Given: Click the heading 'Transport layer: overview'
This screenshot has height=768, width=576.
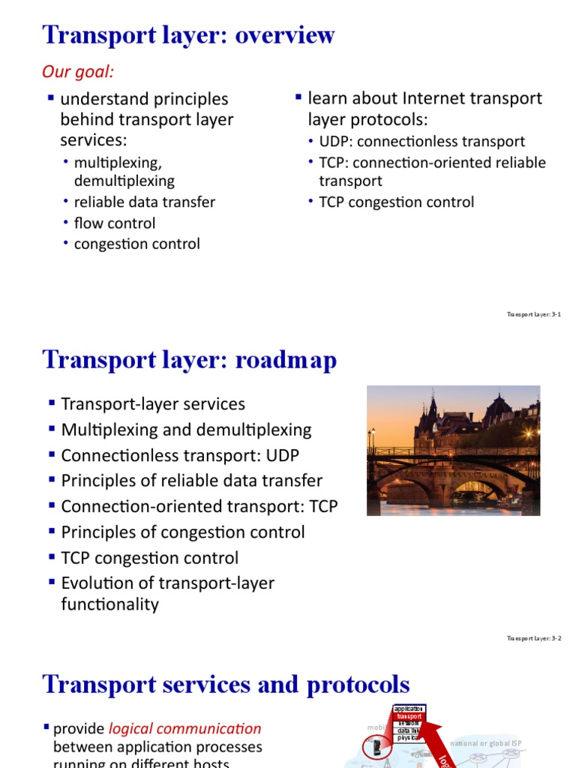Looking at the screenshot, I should (189, 35).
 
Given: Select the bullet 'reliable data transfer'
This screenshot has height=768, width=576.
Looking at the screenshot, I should (145, 202).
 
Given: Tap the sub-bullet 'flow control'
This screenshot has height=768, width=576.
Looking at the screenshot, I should (115, 223).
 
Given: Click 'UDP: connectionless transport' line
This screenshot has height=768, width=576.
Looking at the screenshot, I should (421, 142).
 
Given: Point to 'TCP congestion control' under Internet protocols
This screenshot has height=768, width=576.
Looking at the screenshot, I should (396, 202).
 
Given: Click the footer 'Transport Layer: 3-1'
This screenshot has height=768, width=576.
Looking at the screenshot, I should (534, 314).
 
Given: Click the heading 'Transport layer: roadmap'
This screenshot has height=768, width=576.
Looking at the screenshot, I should (190, 361).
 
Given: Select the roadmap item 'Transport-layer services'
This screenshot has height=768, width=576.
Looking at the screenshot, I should (153, 404).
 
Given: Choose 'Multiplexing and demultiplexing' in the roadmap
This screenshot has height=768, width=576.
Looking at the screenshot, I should (186, 430).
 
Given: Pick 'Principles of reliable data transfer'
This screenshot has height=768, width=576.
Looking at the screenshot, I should (191, 481).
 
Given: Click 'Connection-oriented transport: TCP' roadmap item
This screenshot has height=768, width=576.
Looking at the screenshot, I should (199, 506).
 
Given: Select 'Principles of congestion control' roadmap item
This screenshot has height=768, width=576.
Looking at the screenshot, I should (183, 532).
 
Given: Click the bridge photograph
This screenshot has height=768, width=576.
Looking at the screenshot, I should (453, 450).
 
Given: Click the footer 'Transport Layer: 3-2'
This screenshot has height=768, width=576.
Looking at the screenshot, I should (534, 639).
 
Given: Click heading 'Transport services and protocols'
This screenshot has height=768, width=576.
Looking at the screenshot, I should (226, 685).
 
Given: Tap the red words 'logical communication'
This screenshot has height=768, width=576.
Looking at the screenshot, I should (185, 728).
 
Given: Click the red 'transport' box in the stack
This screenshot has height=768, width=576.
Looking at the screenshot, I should (409, 716).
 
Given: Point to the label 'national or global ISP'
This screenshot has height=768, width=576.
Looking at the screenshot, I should (485, 743).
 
